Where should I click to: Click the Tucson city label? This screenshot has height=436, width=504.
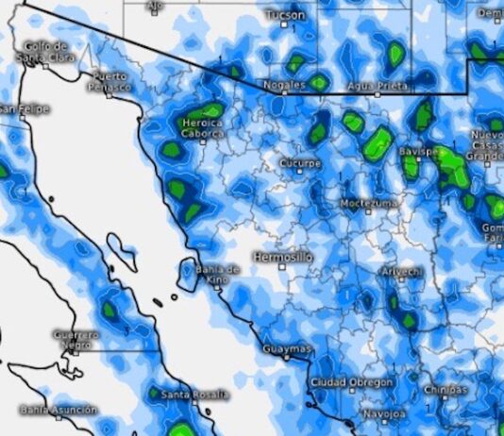(x=285, y=16)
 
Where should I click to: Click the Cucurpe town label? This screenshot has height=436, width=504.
(x=301, y=163)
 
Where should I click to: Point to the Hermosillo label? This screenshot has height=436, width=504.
(x=284, y=257)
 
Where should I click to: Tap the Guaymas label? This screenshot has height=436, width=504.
(x=285, y=349)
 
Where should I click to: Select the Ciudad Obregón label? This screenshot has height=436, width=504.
(x=351, y=382)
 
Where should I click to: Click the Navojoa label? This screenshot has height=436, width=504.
(x=387, y=413)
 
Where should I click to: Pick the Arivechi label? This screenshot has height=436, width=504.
(x=400, y=272)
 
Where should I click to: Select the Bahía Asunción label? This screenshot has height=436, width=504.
(x=58, y=410)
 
